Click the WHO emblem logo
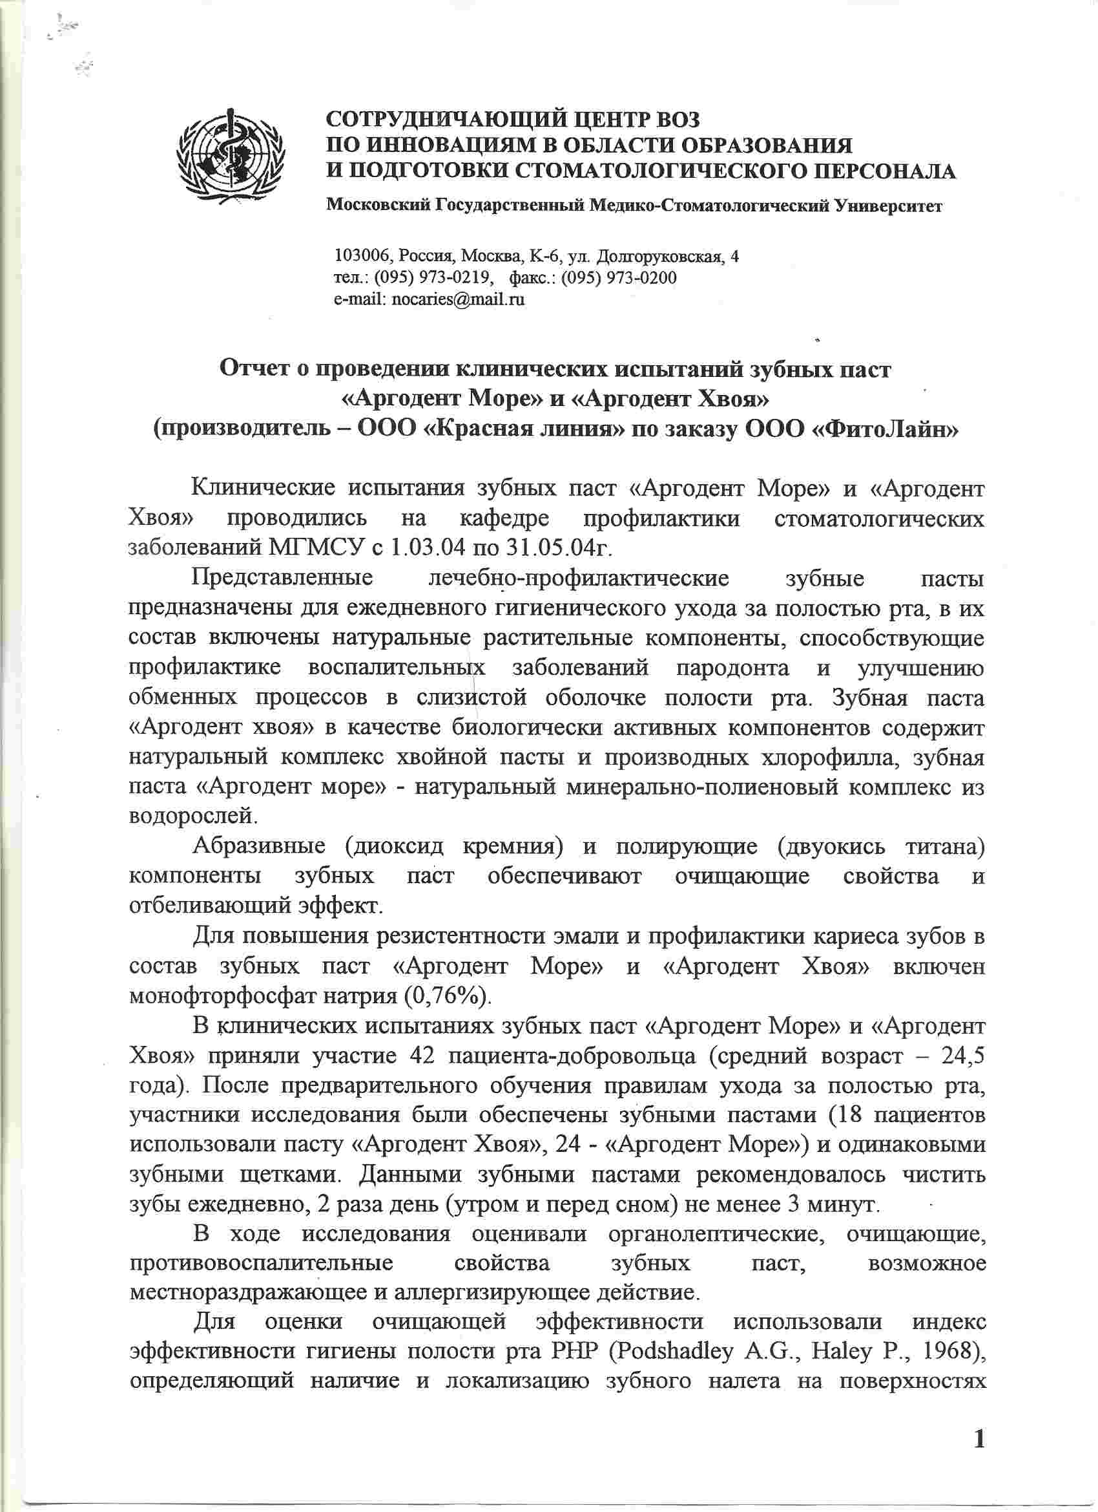tap(231, 157)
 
